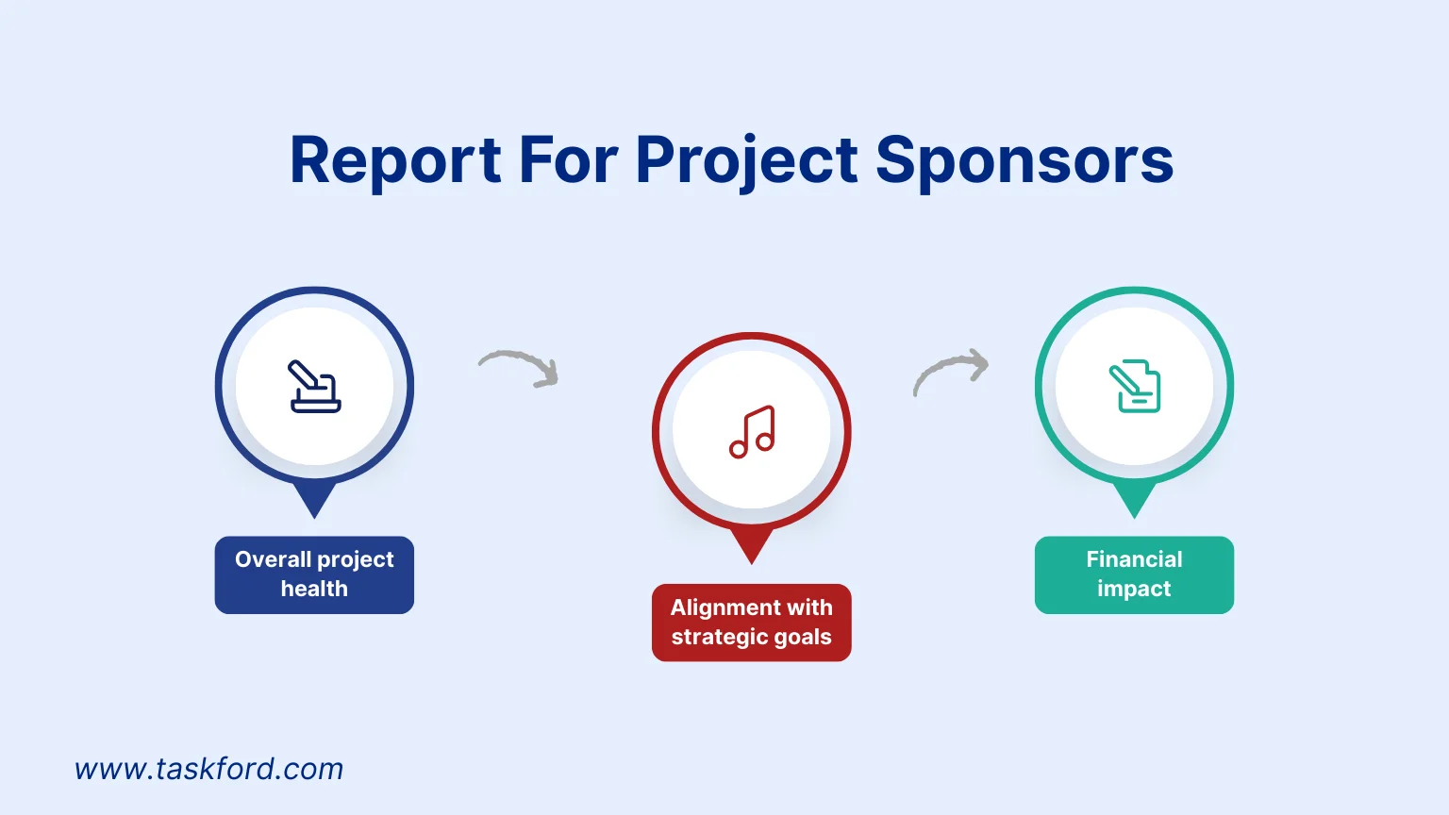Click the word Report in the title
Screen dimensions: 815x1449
point(395,160)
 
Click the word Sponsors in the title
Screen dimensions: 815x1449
point(1024,160)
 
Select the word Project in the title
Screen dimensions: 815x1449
point(746,160)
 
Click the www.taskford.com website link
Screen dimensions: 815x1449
point(209,769)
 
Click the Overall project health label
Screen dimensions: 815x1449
point(314,574)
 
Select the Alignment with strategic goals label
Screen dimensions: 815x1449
point(751,623)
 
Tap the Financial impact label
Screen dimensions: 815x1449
point(1134,574)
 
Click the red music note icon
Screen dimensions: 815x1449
point(752,432)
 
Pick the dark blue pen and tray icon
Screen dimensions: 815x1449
point(314,387)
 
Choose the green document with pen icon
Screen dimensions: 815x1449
point(1134,387)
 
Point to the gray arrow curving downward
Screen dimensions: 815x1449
point(520,368)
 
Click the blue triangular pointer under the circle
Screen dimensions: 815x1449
point(314,497)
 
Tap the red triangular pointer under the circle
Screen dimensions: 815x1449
point(752,544)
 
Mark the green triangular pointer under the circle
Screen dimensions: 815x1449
point(1134,497)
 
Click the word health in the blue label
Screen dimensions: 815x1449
point(314,589)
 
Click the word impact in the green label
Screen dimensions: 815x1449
point(1134,589)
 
